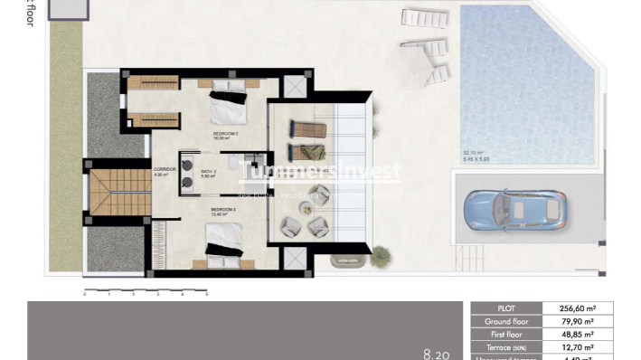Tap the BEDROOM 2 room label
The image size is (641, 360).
[224, 135]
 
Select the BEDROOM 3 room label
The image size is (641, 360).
[222, 211]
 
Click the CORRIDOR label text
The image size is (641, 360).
[164, 169]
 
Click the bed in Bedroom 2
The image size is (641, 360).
[227, 106]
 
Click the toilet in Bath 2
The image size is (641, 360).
[232, 164]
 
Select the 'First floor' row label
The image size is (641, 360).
[504, 334]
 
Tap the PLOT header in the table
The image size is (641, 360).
[504, 308]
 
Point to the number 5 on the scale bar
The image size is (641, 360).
[206, 294]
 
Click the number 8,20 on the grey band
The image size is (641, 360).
[436, 354]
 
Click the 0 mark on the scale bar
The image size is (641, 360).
[84, 294]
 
